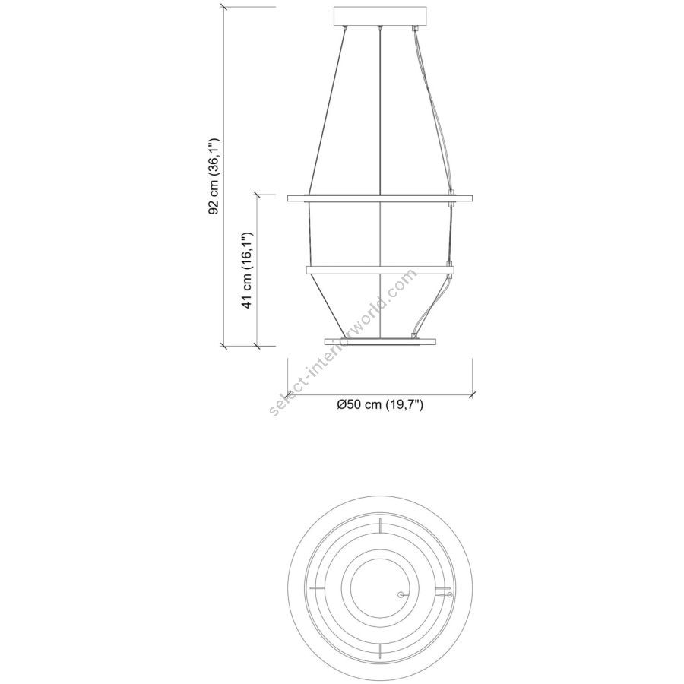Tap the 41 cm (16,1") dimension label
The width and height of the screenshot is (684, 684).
(x=248, y=271)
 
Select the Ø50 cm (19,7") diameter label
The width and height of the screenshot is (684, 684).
(x=380, y=404)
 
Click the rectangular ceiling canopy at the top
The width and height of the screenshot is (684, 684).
(x=379, y=16)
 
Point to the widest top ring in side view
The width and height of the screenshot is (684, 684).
(x=380, y=198)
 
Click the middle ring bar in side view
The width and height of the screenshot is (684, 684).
(x=380, y=270)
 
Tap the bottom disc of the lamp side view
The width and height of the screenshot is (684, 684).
(x=380, y=340)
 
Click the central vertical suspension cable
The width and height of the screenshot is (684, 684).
(x=381, y=183)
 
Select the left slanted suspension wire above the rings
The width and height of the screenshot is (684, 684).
(x=327, y=110)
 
